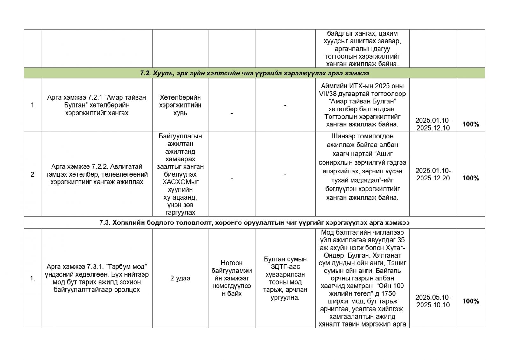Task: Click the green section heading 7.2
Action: [254, 73]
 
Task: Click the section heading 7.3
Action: [254, 222]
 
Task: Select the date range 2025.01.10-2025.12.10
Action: [433, 124]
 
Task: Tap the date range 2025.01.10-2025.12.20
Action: [433, 174]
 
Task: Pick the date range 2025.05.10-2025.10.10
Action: [433, 301]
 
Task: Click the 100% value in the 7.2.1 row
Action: [471, 124]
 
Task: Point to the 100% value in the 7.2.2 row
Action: [471, 178]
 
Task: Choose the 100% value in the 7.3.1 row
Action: [471, 301]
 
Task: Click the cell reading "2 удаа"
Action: [180, 278]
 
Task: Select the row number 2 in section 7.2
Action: [32, 174]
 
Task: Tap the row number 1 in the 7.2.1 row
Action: [32, 105]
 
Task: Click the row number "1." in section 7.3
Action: [32, 279]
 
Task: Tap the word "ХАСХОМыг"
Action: [180, 182]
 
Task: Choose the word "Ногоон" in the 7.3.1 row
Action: [232, 263]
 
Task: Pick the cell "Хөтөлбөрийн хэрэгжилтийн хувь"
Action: [180, 105]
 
